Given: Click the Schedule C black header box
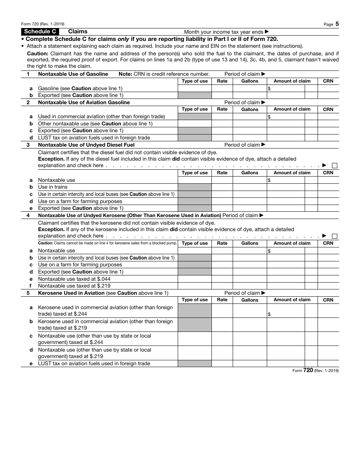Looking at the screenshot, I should [x=40, y=32].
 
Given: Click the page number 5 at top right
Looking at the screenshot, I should [x=337, y=24].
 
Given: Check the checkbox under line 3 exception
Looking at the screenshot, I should [x=335, y=166].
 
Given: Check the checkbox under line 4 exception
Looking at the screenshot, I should [x=335, y=236].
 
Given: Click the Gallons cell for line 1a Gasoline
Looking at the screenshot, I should [x=250, y=88].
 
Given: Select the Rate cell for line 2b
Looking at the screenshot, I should [x=222, y=124].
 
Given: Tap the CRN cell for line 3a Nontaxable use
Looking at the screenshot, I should [x=328, y=180].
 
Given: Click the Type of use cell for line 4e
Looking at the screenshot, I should [x=195, y=279].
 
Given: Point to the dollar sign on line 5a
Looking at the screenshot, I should [x=269, y=314].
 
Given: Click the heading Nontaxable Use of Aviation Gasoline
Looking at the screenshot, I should [x=84, y=102].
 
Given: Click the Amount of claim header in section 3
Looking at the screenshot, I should [x=292, y=173].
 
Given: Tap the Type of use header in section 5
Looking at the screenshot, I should [x=195, y=300].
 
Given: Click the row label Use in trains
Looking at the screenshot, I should [x=53, y=187].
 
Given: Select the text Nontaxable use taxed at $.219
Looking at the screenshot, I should [x=74, y=286].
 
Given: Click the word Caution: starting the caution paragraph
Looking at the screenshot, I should [x=38, y=54].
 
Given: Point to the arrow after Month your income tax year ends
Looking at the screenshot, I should [x=267, y=32].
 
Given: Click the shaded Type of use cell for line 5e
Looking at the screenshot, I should [x=195, y=363].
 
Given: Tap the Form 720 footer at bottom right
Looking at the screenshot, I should [x=316, y=371].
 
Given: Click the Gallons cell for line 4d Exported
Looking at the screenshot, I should [x=250, y=272].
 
